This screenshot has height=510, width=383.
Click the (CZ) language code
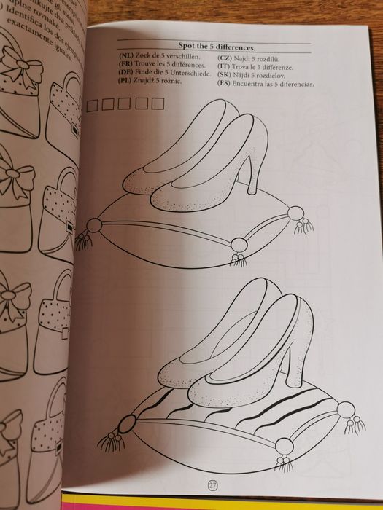click(x=226, y=57)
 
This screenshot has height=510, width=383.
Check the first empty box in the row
click(x=93, y=105)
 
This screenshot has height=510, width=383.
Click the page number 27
click(x=212, y=485)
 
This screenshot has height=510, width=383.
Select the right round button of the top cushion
click(x=295, y=213)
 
